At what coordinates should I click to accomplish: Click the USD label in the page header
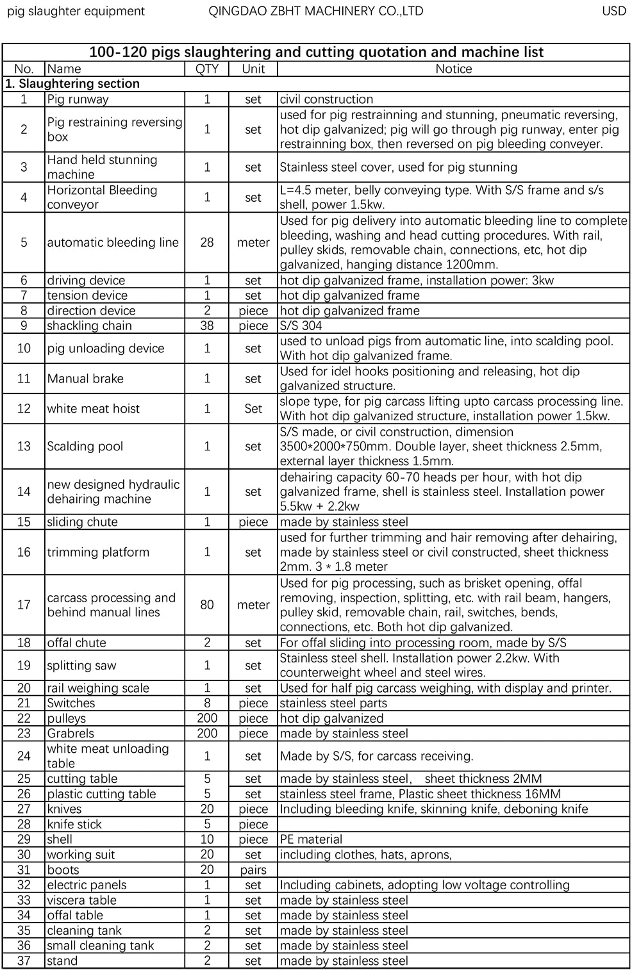(x=613, y=11)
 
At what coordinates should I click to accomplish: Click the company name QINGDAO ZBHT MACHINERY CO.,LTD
(x=316, y=11)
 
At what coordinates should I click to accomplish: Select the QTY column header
(x=206, y=69)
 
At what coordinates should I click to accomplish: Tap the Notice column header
(x=453, y=69)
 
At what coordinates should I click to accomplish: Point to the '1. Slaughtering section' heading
(x=72, y=84)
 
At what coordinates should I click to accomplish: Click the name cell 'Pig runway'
(x=78, y=99)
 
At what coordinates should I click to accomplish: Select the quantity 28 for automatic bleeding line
(x=206, y=242)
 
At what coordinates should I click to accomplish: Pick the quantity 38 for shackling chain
(x=206, y=325)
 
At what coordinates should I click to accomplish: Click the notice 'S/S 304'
(x=301, y=325)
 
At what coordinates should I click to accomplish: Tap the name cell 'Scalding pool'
(x=85, y=446)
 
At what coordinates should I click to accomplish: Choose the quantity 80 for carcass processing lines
(x=206, y=604)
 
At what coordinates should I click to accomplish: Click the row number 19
(x=24, y=665)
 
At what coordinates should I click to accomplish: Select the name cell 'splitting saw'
(x=81, y=665)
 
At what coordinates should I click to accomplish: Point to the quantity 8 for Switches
(x=206, y=703)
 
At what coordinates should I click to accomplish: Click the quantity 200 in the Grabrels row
(x=206, y=734)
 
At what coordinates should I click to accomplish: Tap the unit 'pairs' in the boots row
(x=253, y=870)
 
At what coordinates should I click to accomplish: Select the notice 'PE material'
(x=311, y=839)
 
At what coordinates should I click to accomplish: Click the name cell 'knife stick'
(x=74, y=825)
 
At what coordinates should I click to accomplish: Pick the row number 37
(x=24, y=961)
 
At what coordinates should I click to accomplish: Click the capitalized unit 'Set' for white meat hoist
(x=253, y=409)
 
